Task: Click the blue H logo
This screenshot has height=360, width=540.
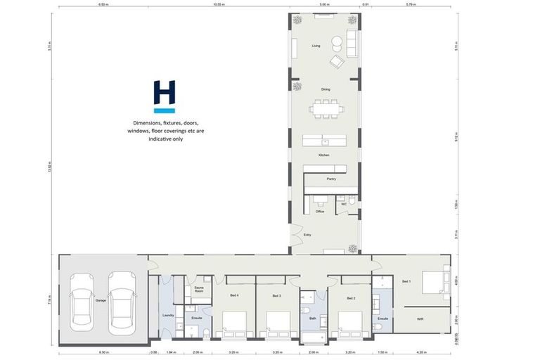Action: point(164,96)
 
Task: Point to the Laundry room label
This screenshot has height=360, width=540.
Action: point(168,315)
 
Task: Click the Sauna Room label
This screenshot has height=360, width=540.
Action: point(199,289)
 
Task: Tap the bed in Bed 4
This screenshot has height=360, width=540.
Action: point(234,323)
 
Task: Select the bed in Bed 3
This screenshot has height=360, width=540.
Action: point(278,323)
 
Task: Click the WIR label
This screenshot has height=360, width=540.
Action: point(420,319)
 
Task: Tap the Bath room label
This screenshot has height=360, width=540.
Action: point(312,319)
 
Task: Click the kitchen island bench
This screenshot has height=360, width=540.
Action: point(324,141)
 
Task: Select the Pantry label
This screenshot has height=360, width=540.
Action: point(331,179)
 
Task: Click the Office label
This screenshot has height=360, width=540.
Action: point(319,211)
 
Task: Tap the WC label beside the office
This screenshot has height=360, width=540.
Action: point(344,204)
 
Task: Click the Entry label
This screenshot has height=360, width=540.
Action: point(307,237)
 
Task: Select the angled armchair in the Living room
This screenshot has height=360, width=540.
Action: point(337,62)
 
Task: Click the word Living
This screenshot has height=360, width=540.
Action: point(316,46)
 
